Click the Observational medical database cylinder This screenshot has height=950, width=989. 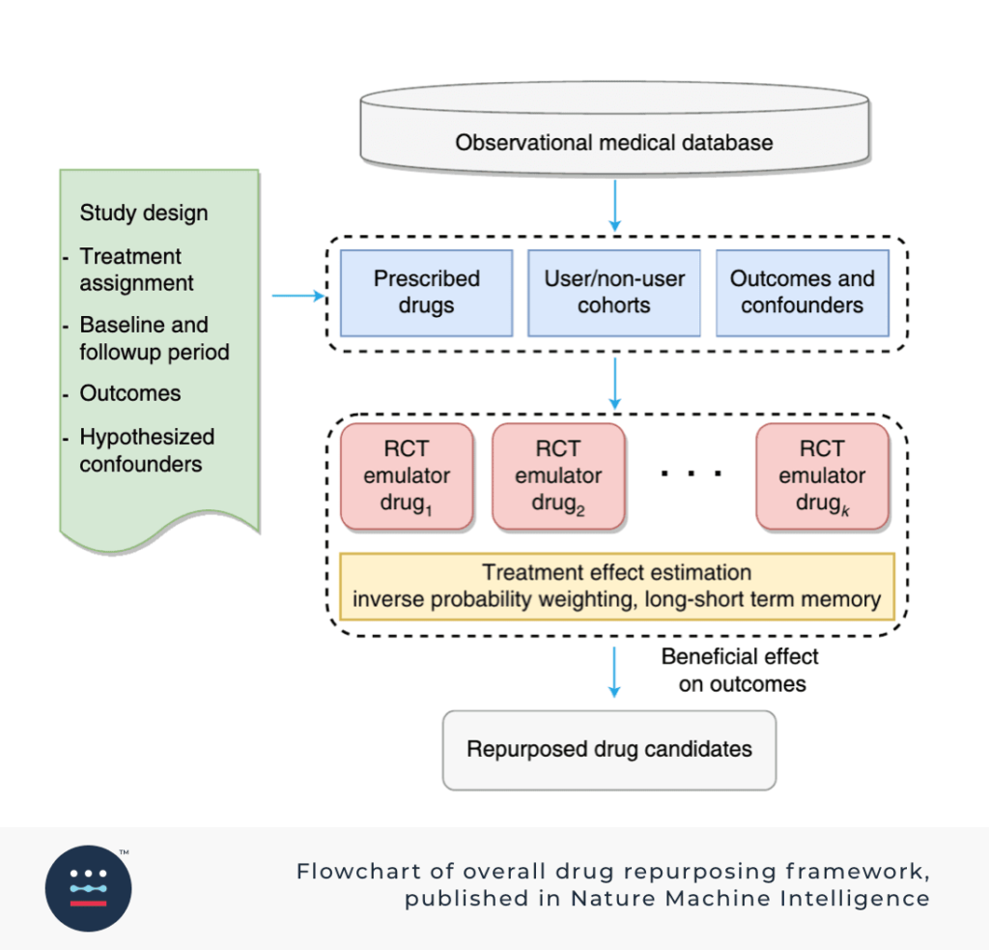click(614, 129)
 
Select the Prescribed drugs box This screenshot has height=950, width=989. click(426, 293)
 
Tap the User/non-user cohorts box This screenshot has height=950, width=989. click(614, 293)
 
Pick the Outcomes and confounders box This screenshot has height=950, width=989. click(803, 293)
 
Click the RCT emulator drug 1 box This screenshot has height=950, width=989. click(407, 475)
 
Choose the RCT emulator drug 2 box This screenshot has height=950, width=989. click(558, 475)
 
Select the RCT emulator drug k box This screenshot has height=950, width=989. click(823, 475)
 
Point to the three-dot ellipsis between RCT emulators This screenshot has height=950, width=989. click(692, 473)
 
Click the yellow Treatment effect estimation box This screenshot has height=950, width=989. click(617, 587)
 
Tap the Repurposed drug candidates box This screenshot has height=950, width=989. click(609, 750)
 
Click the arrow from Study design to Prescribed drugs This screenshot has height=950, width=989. click(298, 296)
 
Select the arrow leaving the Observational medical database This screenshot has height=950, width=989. click(615, 206)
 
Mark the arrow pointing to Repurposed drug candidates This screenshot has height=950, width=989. click(614, 673)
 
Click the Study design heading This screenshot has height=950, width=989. click(144, 213)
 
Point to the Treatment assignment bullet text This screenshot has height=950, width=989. click(136, 270)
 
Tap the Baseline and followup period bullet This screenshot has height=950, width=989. click(155, 338)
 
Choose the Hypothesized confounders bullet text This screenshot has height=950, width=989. click(147, 450)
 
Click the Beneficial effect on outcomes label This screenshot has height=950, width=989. click(741, 671)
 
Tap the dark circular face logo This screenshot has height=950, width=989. click(88, 888)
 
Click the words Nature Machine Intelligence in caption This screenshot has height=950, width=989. click(749, 898)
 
